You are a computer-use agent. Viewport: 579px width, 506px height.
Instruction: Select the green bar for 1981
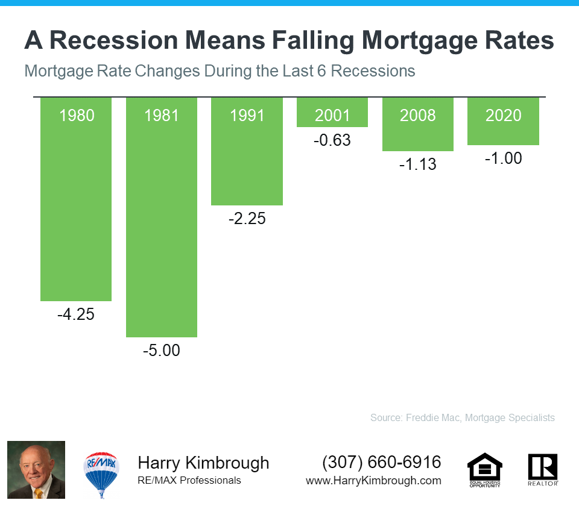click(x=162, y=229)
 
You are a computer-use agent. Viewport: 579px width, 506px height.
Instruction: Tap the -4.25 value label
click(x=77, y=314)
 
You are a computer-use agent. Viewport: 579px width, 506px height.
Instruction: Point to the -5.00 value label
click(x=162, y=350)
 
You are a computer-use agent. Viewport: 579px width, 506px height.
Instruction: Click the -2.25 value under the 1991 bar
click(x=247, y=219)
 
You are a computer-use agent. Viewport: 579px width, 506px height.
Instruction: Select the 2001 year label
click(x=332, y=115)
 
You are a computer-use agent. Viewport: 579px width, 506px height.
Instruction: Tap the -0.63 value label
click(x=332, y=141)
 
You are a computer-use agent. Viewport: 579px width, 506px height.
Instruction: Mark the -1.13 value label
click(x=417, y=164)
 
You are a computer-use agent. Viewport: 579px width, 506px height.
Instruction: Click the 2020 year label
click(x=503, y=115)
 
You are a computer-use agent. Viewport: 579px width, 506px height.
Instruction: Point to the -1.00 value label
click(x=503, y=158)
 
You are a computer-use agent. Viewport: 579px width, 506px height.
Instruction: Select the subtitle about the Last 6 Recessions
click(x=220, y=71)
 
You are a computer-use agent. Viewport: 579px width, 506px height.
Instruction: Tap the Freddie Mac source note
click(x=462, y=417)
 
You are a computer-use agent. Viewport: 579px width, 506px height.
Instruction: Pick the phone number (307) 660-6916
click(x=382, y=463)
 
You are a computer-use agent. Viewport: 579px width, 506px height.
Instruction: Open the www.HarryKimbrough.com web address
click(x=373, y=481)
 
